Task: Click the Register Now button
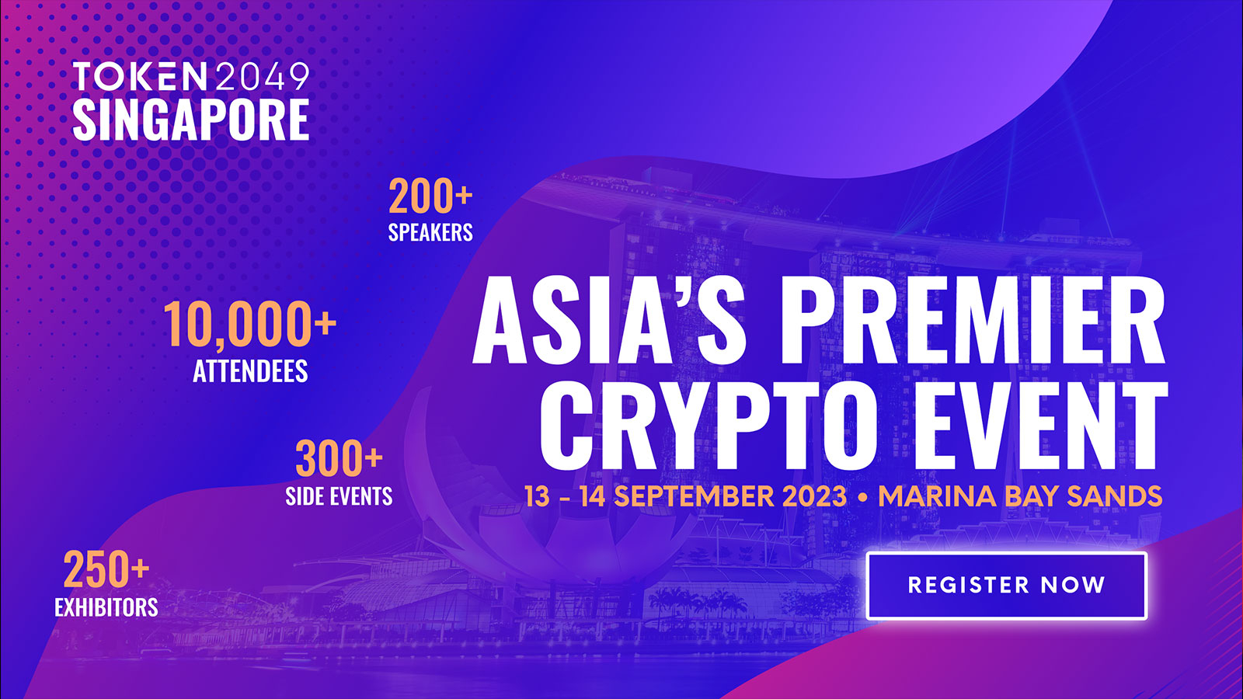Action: [1006, 586]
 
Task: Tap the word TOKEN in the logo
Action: [140, 77]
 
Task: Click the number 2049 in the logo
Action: [262, 77]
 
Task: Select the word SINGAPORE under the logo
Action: [191, 120]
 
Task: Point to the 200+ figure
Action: [430, 196]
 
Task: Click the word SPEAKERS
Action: [430, 232]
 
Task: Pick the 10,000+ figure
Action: [249, 325]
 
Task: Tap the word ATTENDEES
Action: [250, 371]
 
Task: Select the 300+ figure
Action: [339, 459]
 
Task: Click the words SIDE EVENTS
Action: [339, 496]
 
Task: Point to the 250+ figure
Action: [106, 570]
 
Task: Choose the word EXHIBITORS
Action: [106, 607]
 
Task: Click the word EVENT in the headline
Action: [1041, 426]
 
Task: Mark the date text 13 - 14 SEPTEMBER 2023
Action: [685, 496]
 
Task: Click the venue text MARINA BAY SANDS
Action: [1020, 496]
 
